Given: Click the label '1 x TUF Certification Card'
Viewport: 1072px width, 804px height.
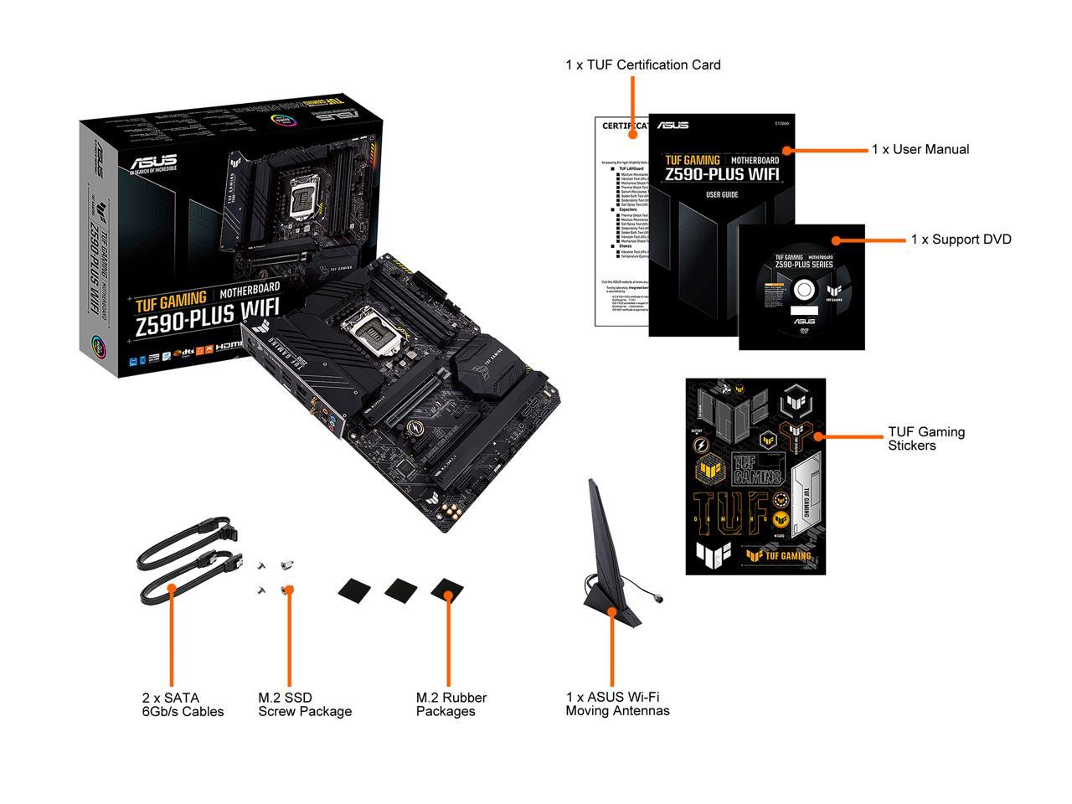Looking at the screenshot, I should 642,64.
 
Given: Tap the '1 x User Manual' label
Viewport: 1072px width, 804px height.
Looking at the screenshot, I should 920,149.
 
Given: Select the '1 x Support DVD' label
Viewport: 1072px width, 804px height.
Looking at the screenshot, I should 961,240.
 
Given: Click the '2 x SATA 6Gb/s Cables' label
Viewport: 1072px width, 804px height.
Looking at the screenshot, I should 183,704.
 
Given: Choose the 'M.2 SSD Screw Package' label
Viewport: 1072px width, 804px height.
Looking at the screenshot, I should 304,704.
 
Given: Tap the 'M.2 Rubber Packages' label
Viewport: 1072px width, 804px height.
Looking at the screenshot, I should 451,704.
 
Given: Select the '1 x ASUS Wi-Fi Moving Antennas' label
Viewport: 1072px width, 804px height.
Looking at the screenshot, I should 617,703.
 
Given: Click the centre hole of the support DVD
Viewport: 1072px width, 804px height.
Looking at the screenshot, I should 803,290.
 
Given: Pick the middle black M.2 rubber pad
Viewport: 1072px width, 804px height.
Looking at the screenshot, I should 401,589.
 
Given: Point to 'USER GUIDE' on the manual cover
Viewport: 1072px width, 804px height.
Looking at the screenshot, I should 721,194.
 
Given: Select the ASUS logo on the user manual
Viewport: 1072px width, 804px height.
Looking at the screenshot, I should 673,126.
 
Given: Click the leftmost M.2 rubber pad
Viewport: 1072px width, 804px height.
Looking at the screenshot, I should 354,589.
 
